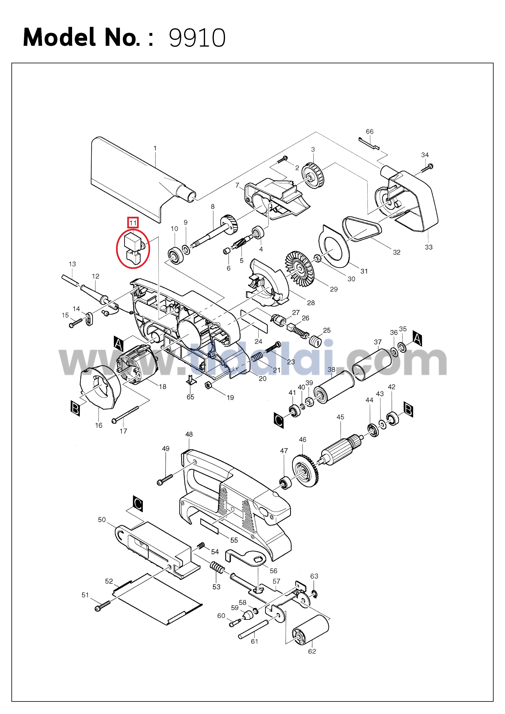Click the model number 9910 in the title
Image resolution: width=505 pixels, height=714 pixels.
coord(197,38)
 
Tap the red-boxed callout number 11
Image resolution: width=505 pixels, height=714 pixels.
coord(133,223)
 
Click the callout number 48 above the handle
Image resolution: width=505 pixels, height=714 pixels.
coord(189,434)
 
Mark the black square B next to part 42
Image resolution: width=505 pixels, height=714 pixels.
coord(408,409)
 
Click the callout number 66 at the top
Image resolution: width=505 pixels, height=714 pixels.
coord(369,131)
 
